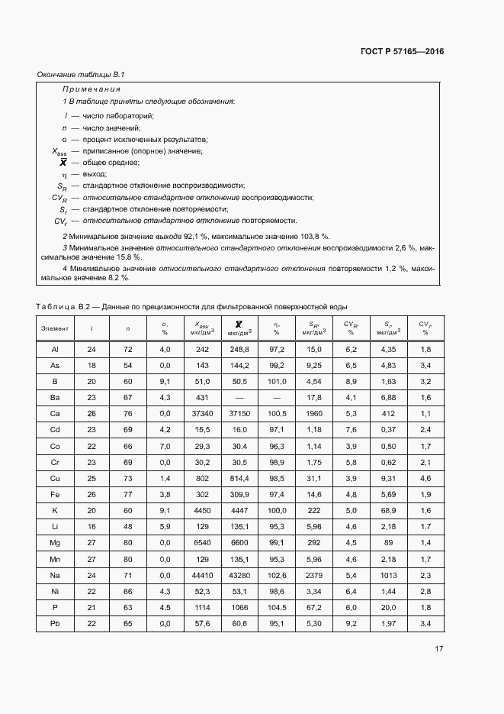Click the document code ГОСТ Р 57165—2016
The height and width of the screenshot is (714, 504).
(x=401, y=52)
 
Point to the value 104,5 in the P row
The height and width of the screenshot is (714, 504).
(x=277, y=607)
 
